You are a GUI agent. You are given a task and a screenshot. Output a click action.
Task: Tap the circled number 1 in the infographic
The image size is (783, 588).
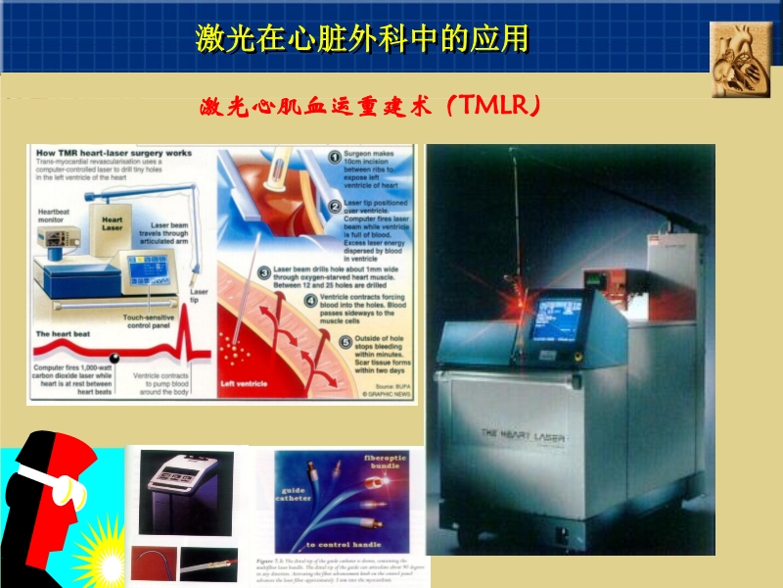335,156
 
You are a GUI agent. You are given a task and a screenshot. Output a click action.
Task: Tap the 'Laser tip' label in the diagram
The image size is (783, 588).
199,295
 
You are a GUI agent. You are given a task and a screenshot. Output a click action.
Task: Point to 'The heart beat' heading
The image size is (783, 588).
63,334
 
